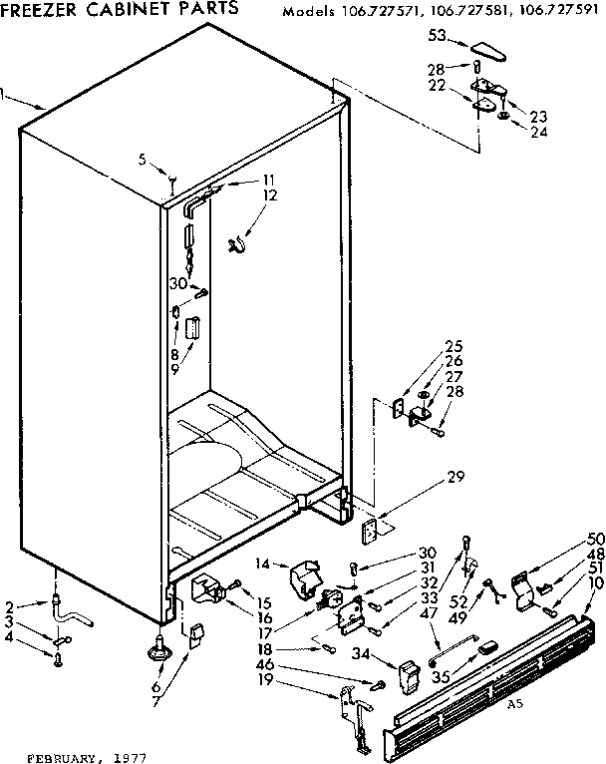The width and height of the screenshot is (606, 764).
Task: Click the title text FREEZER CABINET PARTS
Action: pyautogui.click(x=120, y=8)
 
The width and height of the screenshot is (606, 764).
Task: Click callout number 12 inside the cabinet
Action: pyautogui.click(x=268, y=194)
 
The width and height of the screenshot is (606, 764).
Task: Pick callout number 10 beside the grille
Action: pyautogui.click(x=596, y=581)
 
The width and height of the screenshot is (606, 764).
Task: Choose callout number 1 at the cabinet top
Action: pyautogui.click(x=4, y=96)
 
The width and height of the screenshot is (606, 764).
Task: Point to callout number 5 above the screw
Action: pyautogui.click(x=143, y=159)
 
